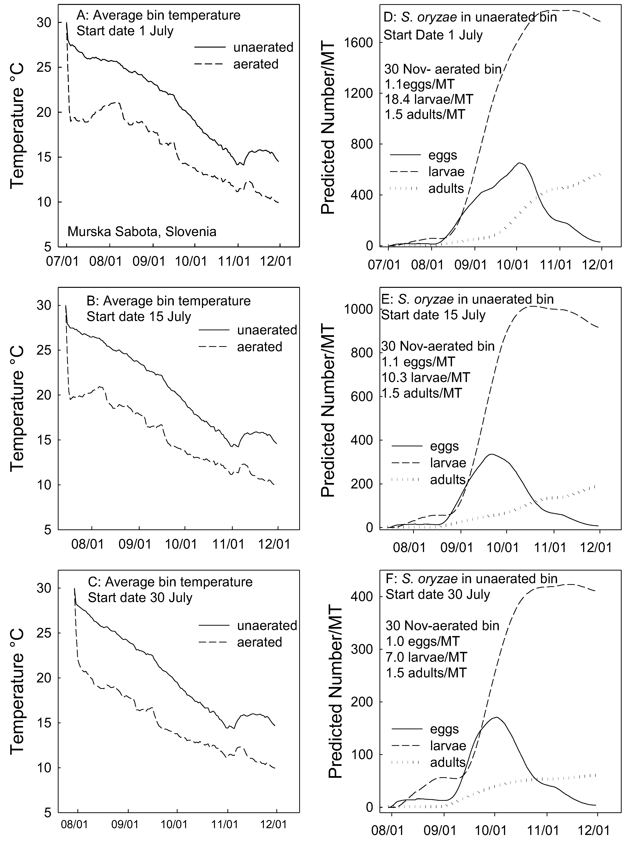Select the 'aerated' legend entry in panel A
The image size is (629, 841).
(x=256, y=64)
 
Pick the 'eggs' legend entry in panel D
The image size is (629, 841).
(x=443, y=155)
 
